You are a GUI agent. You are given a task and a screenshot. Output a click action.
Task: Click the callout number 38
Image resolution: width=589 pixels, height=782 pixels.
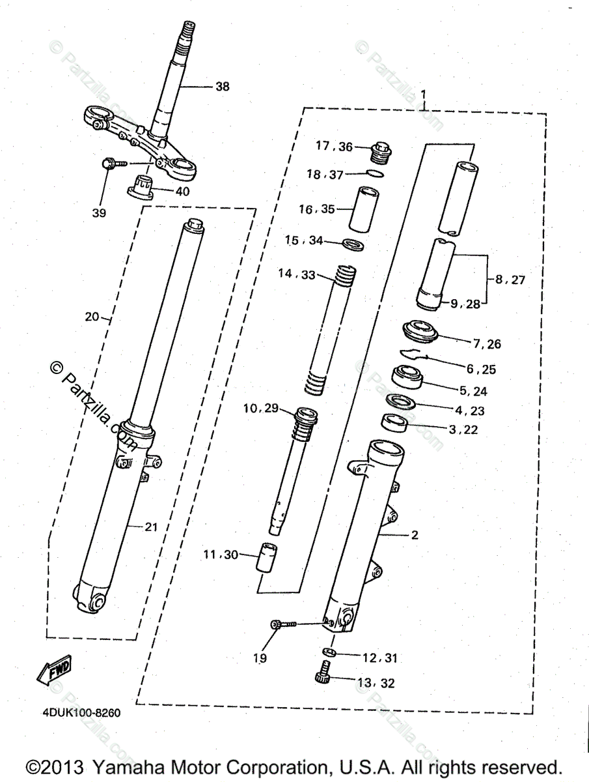point(223,86)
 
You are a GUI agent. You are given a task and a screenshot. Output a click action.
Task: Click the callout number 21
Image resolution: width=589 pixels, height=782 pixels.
point(151,527)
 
